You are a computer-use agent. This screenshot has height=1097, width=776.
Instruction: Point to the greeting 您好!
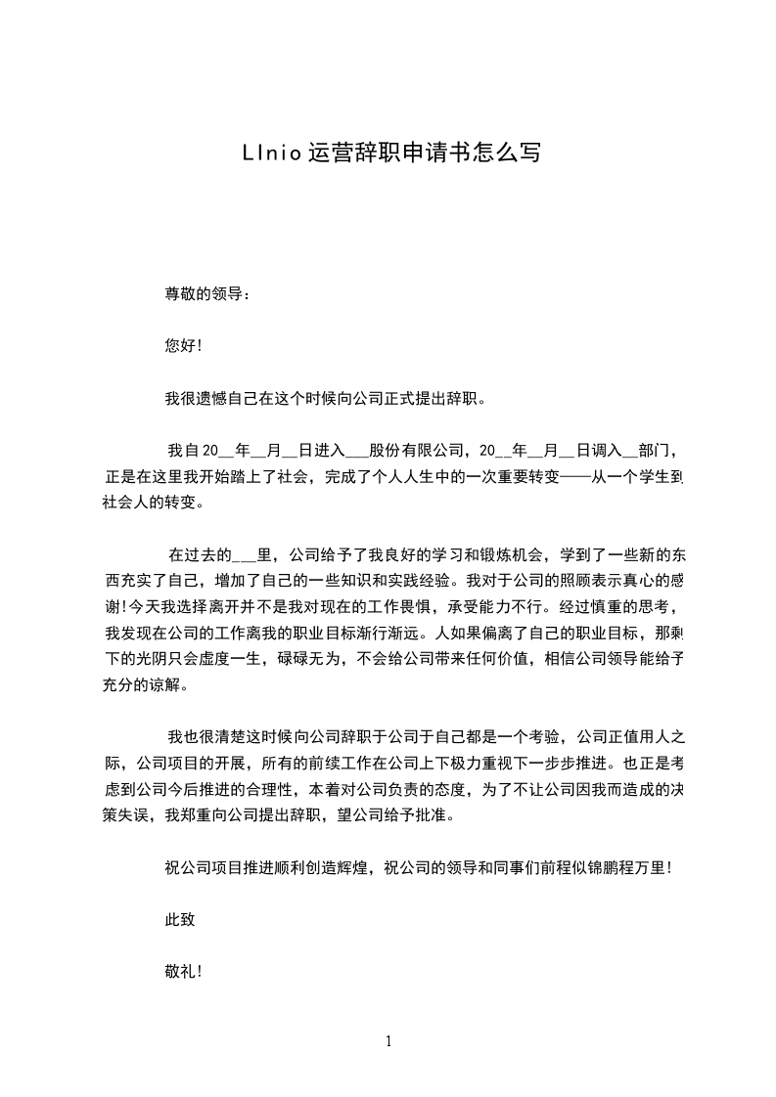(183, 346)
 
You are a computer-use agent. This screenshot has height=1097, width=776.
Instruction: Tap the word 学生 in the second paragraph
(653, 478)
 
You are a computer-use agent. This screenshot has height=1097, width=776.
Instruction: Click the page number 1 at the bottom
(388, 1042)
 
